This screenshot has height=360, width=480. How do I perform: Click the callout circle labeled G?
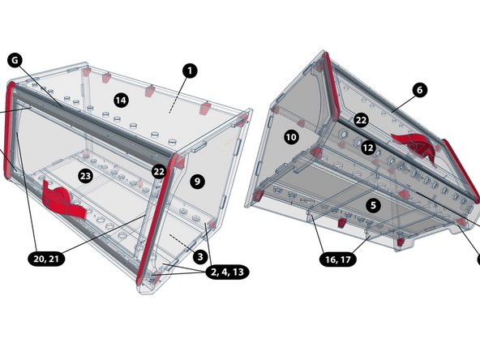pyautogui.click(x=15, y=59)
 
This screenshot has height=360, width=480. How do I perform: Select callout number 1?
pyautogui.click(x=188, y=71)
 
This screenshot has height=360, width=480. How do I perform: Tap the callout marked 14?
pyautogui.click(x=121, y=100)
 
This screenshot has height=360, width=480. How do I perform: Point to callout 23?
pyautogui.click(x=86, y=175)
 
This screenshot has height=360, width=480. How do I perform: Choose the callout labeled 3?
pyautogui.click(x=199, y=256)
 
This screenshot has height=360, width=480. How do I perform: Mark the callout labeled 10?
pyautogui.click(x=291, y=137)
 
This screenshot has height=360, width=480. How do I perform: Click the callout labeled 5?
pyautogui.click(x=372, y=205)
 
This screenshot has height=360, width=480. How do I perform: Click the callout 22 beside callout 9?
pyautogui.click(x=158, y=171)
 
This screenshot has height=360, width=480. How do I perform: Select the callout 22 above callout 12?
pyautogui.click(x=361, y=119)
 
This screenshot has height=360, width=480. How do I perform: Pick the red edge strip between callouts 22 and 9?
pyautogui.click(x=155, y=219)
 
